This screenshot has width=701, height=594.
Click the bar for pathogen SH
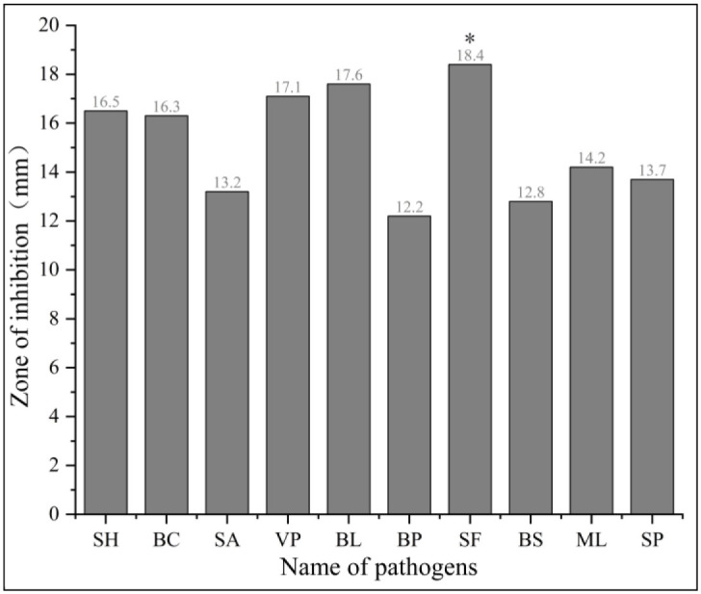(106, 313)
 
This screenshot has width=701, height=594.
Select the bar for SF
(470, 289)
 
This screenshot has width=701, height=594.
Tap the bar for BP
(409, 365)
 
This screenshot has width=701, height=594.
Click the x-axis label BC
(167, 539)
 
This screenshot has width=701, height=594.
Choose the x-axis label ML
(591, 539)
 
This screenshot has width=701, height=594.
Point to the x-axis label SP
(652, 539)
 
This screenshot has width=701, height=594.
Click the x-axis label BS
(531, 539)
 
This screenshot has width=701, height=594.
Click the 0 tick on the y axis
(57, 515)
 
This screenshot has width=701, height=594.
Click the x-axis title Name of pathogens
(378, 568)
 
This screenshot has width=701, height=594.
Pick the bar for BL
(349, 298)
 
